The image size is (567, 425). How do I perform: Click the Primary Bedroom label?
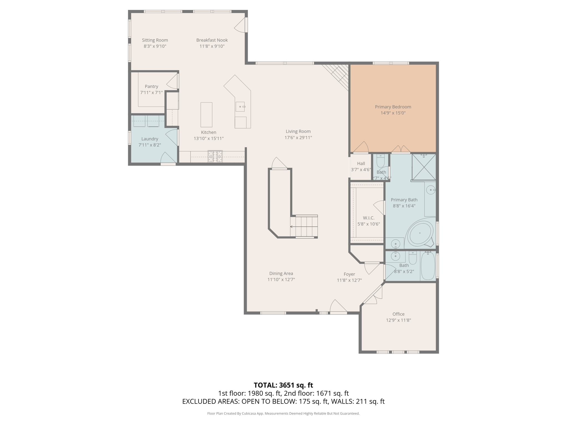[x=393, y=107]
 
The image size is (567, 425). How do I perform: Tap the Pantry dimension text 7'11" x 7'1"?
[x=151, y=93]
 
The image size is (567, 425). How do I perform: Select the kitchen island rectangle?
[x=206, y=115]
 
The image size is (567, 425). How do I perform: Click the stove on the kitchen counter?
[x=215, y=156]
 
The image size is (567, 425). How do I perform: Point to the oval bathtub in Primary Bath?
[x=420, y=233]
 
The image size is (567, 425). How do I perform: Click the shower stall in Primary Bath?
[x=424, y=167]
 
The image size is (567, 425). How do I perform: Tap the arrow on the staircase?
[x=292, y=227]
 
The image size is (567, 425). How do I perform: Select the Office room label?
[x=398, y=314]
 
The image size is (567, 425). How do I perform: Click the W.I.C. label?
[x=368, y=218]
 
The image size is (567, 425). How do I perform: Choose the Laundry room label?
[x=150, y=139]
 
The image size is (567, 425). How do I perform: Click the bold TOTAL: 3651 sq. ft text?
[x=283, y=385]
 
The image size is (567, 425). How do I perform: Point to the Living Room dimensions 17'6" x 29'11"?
[x=298, y=138]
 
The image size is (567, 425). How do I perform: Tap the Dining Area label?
[x=281, y=273]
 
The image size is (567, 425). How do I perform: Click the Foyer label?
[x=349, y=274]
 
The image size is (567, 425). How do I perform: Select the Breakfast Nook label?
[x=212, y=40]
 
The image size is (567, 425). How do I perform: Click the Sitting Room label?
[x=155, y=40]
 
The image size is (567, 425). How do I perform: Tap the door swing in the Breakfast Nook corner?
[x=240, y=26]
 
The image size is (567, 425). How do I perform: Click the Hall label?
[x=361, y=164]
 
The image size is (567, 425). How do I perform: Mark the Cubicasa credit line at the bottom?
[x=283, y=413]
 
